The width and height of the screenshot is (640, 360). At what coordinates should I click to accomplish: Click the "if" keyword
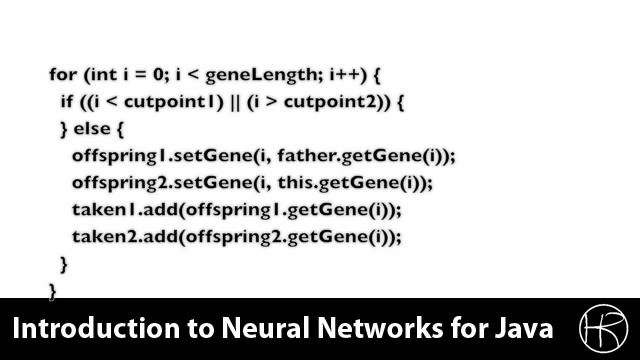point(66,102)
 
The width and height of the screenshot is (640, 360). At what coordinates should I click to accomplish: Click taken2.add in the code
point(109,237)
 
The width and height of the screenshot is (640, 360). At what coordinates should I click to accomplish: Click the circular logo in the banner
point(603,329)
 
